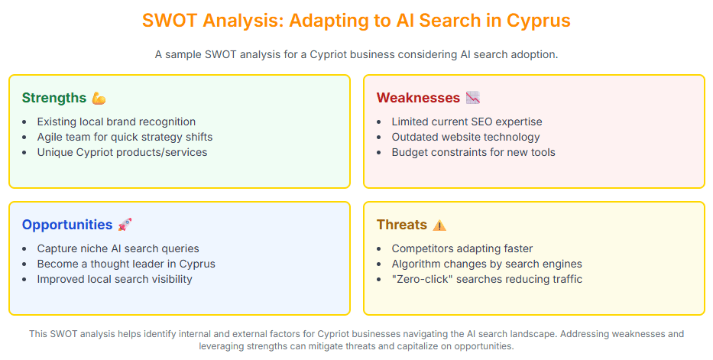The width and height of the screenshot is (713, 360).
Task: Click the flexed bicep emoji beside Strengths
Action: [x=99, y=98]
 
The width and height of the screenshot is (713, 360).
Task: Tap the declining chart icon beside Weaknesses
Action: [x=473, y=98]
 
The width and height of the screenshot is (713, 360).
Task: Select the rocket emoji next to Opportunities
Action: [x=125, y=225]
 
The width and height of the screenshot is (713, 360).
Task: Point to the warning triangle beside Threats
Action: [x=439, y=225]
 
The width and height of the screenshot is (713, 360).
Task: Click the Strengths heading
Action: [x=54, y=98]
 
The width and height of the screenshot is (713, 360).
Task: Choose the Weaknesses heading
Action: [x=418, y=98]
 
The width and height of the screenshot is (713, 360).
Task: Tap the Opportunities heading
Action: [x=67, y=225]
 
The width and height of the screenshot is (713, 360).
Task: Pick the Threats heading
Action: [x=402, y=225]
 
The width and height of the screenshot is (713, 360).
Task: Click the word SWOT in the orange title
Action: [x=169, y=21]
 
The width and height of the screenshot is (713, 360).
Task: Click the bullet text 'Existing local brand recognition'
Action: [x=116, y=122]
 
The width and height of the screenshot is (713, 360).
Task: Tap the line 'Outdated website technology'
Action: [x=465, y=137]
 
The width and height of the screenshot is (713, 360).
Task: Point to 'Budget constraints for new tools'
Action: [x=473, y=152]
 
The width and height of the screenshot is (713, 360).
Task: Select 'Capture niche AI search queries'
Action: [x=118, y=248]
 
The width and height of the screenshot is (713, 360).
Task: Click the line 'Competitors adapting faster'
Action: [x=462, y=248]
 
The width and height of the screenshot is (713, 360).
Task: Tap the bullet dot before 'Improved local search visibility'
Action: [x=24, y=280]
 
